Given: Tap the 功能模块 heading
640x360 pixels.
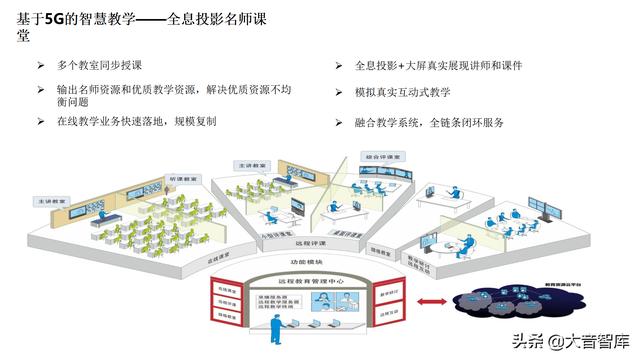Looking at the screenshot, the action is point(305,264).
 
